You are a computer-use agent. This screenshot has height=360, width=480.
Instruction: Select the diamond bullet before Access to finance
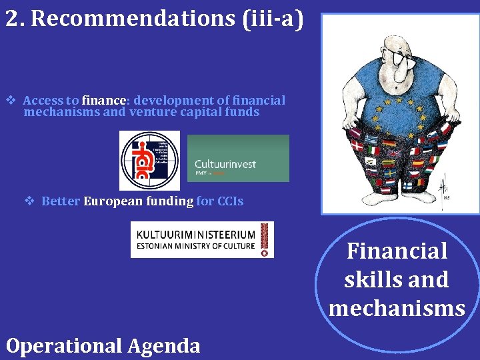point(11,101)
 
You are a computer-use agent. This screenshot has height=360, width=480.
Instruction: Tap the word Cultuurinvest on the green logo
point(225,164)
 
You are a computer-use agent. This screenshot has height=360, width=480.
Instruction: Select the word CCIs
point(230,201)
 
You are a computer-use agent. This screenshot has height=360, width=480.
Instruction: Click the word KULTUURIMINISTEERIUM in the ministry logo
point(195,235)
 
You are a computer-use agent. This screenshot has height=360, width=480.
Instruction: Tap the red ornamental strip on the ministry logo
point(265,239)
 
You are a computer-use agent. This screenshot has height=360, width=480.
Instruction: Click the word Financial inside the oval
point(397,251)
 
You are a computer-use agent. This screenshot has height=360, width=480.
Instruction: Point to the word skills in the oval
point(368,280)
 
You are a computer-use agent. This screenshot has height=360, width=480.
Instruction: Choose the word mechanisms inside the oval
point(397,308)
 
